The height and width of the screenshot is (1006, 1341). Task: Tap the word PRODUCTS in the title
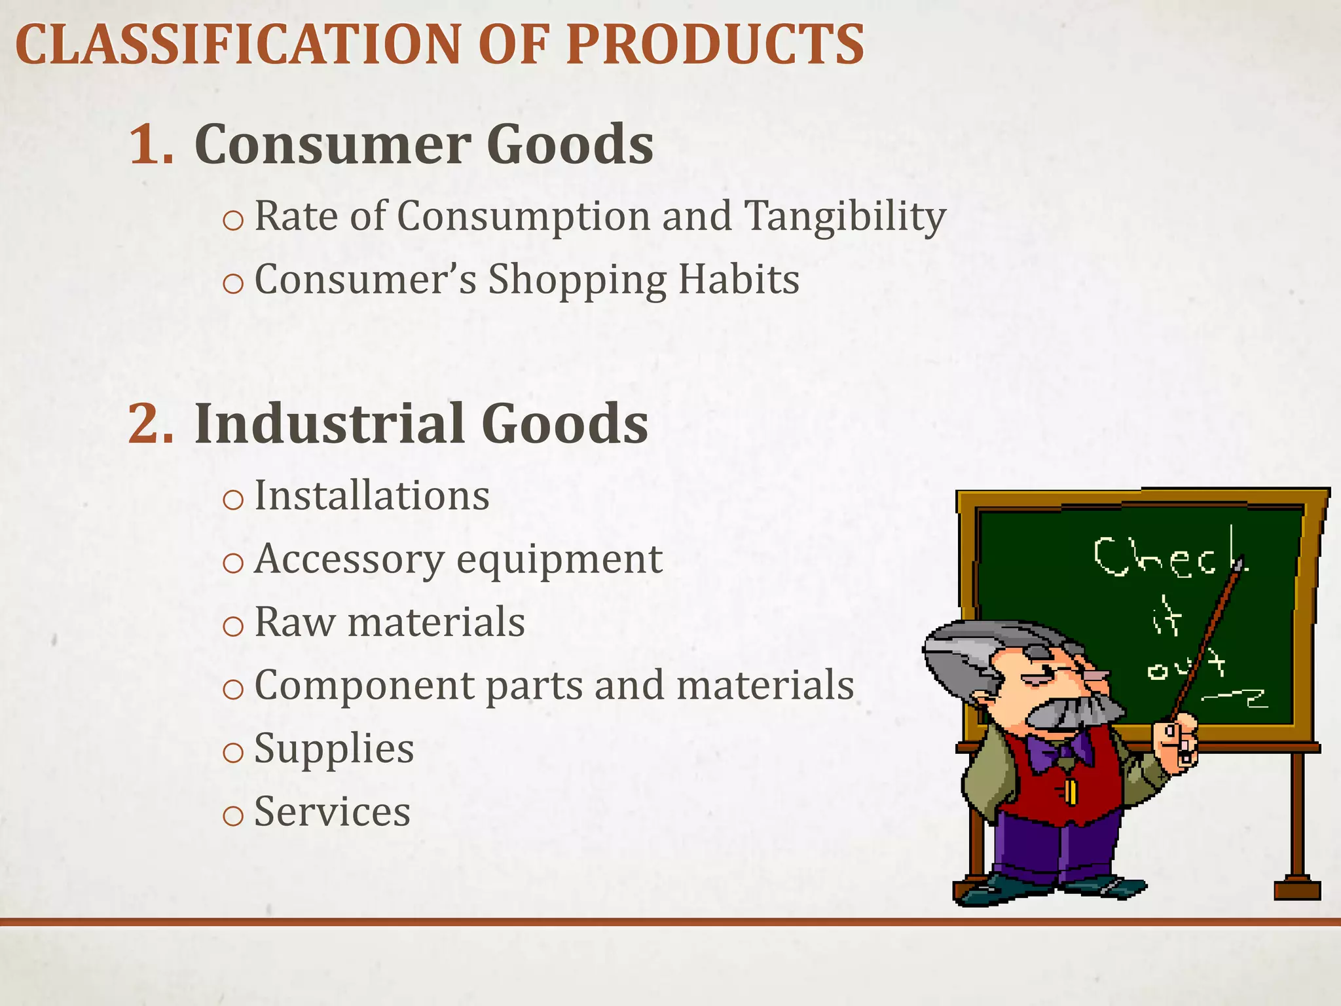(x=715, y=45)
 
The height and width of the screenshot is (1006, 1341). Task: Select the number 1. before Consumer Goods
(x=151, y=144)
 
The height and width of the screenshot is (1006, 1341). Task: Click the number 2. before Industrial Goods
(x=151, y=424)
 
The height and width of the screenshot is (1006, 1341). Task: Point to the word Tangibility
(x=845, y=217)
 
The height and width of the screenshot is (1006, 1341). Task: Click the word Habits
(x=738, y=280)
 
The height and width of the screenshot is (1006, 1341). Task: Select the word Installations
(x=371, y=496)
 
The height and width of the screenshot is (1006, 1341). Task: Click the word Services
(x=332, y=812)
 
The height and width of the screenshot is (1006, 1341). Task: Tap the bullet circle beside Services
(x=233, y=816)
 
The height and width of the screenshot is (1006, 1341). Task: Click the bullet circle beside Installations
(x=233, y=500)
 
